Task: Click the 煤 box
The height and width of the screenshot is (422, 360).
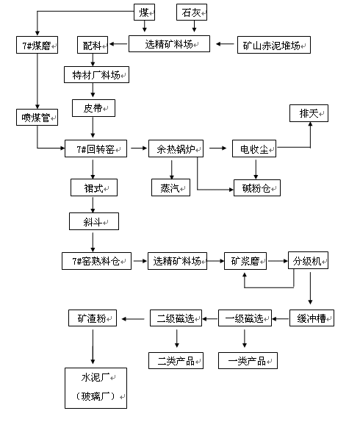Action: click(145, 12)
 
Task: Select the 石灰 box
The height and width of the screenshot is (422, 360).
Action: click(193, 12)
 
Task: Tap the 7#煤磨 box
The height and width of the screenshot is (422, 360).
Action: click(37, 45)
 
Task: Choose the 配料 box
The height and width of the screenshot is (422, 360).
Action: click(93, 45)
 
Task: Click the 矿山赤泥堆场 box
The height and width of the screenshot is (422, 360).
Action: click(273, 45)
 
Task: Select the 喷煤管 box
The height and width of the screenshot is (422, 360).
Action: click(37, 116)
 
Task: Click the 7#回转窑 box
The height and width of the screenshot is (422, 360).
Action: click(96, 149)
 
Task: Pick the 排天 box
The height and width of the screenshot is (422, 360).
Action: click(308, 114)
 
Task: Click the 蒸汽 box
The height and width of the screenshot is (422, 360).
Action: click(171, 187)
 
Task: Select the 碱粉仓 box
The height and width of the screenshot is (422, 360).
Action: click(256, 187)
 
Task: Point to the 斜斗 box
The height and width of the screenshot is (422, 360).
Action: click(93, 221)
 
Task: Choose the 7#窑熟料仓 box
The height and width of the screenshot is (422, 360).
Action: click(96, 260)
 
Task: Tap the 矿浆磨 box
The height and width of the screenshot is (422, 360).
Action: click(245, 260)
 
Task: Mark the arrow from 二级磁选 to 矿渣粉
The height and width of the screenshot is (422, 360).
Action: click(134, 318)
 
